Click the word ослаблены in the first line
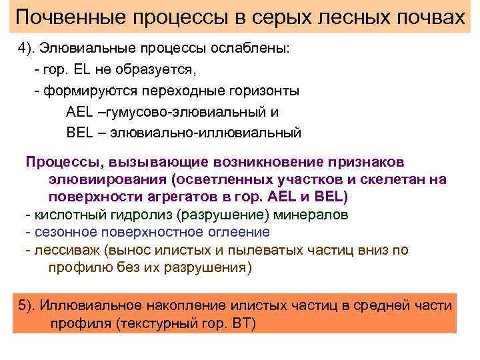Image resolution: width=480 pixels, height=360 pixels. click(255, 51)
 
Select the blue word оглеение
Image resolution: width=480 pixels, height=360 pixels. click(236, 233)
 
